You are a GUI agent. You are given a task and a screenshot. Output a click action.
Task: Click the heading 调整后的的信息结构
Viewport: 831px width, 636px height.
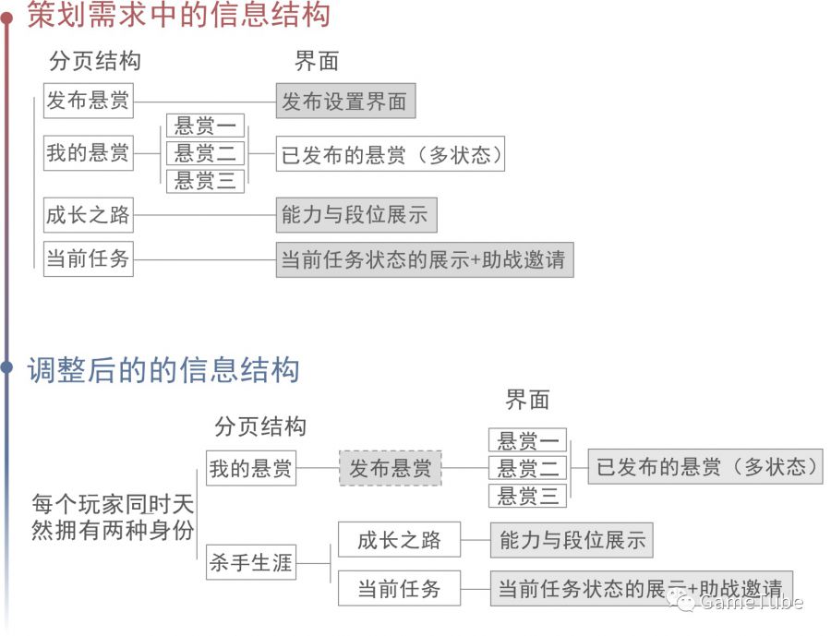click(163, 369)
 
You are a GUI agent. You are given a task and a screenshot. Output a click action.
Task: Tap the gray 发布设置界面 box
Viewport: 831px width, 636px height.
click(345, 101)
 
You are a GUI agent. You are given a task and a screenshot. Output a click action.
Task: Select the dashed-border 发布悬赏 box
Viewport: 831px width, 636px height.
click(390, 468)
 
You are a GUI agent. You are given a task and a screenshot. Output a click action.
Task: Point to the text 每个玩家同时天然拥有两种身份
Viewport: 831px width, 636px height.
click(113, 517)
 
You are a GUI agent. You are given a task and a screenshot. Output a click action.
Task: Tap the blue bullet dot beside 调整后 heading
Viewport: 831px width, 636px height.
click(7, 368)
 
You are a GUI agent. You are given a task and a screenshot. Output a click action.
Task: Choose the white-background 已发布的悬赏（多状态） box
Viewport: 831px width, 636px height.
click(391, 154)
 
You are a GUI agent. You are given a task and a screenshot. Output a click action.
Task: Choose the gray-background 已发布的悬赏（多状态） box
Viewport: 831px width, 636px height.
click(705, 466)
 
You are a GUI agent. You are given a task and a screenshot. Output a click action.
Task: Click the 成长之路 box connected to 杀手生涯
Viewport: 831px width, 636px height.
click(399, 540)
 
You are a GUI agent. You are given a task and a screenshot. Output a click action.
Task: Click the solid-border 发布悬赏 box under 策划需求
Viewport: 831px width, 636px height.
click(88, 101)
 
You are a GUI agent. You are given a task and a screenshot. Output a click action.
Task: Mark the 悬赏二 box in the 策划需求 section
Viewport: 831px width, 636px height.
click(205, 152)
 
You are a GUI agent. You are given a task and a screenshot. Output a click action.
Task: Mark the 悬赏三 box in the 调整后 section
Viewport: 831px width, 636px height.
click(527, 496)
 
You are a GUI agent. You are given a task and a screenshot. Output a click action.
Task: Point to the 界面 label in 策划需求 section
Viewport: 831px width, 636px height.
click(317, 61)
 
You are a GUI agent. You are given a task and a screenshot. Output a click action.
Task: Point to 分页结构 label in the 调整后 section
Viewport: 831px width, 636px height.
click(259, 426)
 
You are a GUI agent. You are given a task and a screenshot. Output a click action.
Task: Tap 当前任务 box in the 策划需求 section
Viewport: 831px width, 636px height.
click(88, 258)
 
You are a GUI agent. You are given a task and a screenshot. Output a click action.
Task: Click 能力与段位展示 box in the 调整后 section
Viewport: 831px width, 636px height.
click(572, 540)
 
